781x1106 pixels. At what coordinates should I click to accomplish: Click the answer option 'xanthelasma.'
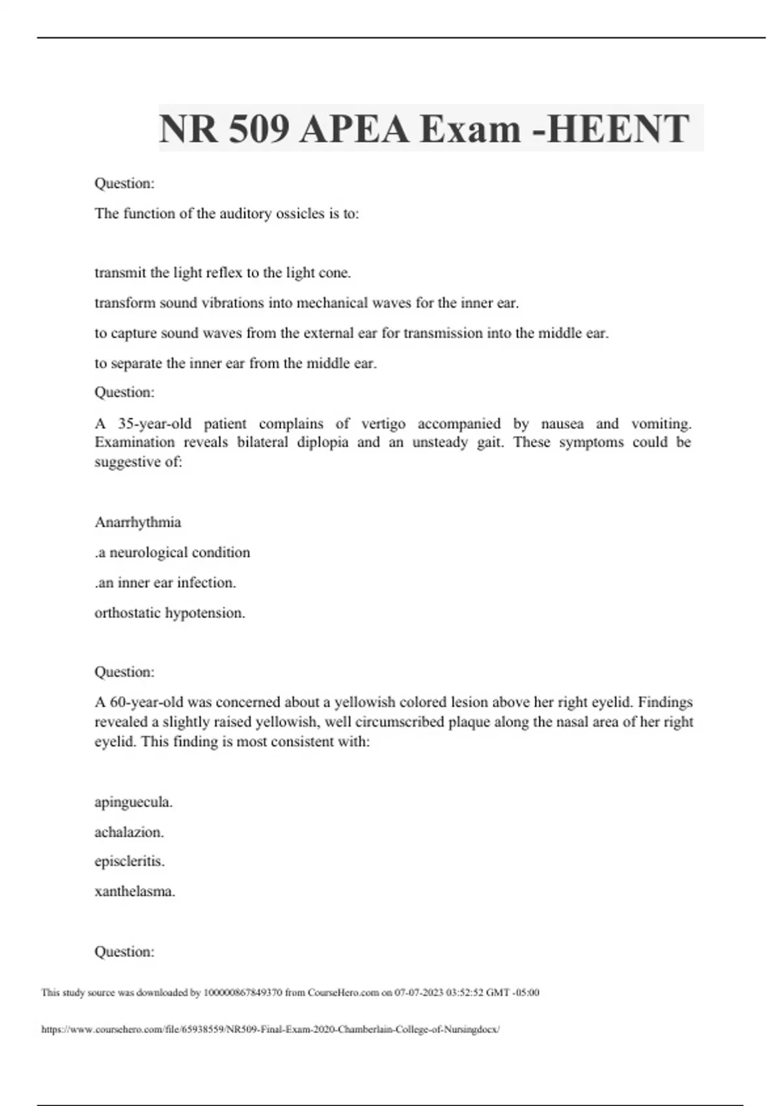pyautogui.click(x=135, y=891)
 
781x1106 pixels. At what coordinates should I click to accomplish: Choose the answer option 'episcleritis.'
pyautogui.click(x=130, y=861)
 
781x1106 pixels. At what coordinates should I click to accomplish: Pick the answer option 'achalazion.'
pyautogui.click(x=129, y=831)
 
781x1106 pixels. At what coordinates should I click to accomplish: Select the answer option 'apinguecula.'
pyautogui.click(x=133, y=802)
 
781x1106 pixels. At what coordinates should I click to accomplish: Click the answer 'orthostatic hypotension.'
pyautogui.click(x=170, y=613)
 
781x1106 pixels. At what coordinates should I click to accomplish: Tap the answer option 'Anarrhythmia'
pyautogui.click(x=138, y=522)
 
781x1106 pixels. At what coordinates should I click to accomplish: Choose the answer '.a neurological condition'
pyautogui.click(x=172, y=552)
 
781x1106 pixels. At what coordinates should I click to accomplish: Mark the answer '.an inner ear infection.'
pyautogui.click(x=165, y=583)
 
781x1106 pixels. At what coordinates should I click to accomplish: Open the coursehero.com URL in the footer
pyautogui.click(x=270, y=1029)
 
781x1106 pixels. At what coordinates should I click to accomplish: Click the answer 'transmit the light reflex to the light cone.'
pyautogui.click(x=223, y=273)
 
